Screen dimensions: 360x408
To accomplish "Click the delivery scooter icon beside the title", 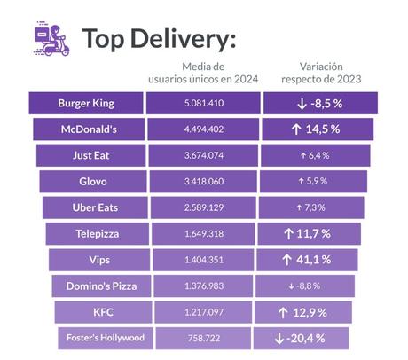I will (51, 39).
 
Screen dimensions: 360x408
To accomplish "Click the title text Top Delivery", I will (159, 40).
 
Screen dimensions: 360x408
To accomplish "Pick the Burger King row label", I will (85, 103).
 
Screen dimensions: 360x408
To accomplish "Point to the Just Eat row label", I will (90, 155).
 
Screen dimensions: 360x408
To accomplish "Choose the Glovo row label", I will (93, 181).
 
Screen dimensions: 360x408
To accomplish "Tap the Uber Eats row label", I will (95, 207).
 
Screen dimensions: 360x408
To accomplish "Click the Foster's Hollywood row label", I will (104, 338).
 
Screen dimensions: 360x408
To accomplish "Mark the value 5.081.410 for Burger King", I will (203, 103).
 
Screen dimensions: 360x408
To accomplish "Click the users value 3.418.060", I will (203, 181).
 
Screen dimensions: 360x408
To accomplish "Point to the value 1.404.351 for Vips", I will (203, 260).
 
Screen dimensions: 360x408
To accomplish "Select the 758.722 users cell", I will (203, 338).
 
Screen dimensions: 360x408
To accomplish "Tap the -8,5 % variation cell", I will (320, 103).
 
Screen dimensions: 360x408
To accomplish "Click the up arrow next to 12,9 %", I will (281, 312).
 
